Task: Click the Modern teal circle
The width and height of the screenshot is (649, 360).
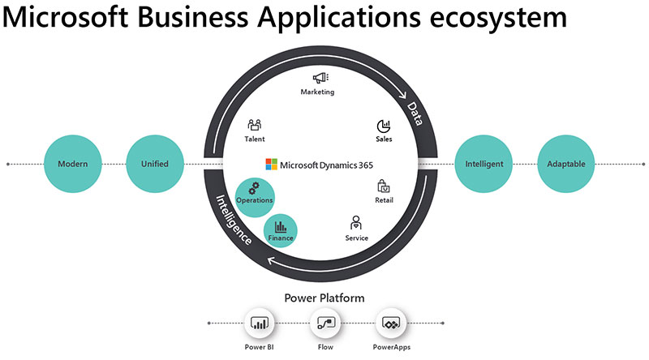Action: pos(73,164)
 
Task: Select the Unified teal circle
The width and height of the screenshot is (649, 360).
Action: pos(154,164)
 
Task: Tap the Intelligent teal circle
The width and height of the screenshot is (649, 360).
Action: pos(484,164)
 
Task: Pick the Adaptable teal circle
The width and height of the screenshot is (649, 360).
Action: pos(566,164)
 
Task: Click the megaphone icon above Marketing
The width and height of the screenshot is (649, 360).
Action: pos(318,78)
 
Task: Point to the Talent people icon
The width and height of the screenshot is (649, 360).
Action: pos(255,125)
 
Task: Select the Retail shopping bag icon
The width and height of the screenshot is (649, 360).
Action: pos(384,186)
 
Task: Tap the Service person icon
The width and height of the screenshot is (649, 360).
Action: pos(355,222)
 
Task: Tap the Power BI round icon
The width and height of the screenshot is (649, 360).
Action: pos(260,324)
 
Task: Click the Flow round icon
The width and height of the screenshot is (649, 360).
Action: pos(324,324)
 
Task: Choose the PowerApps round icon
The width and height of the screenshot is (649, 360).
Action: pos(390,324)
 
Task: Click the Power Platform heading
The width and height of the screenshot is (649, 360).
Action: pos(324,298)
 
